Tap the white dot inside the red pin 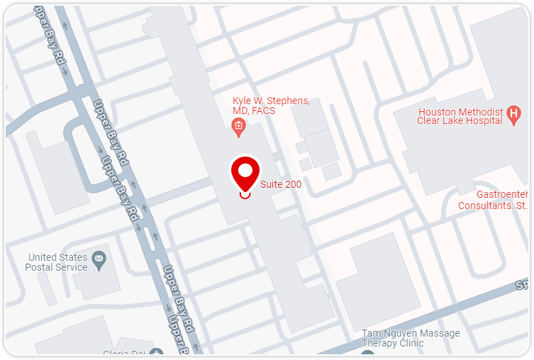[x=245, y=170]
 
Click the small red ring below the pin [x=245, y=194]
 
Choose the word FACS [x=262, y=111]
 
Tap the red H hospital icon [x=514, y=113]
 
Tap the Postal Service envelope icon [x=99, y=261]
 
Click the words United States [x=58, y=257]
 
